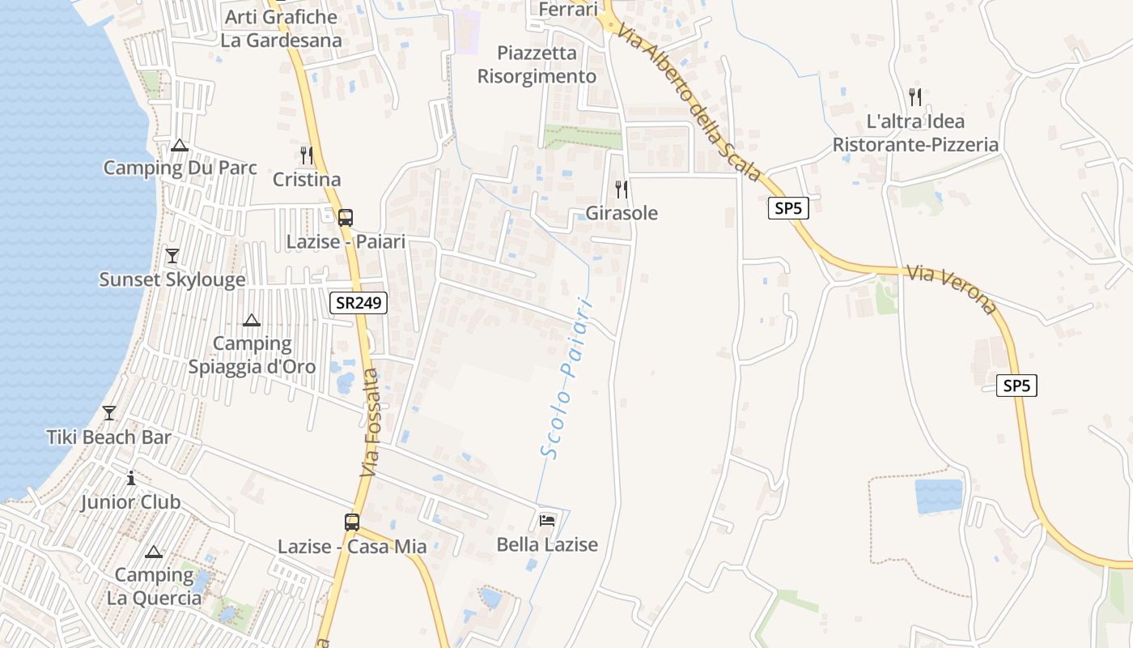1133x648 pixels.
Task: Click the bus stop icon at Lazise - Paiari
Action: (346, 217)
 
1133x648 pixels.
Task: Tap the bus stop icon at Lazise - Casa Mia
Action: (352, 522)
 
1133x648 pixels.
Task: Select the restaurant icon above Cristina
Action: (306, 155)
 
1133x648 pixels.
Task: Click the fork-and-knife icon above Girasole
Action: (621, 190)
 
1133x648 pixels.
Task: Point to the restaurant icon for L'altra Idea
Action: (915, 97)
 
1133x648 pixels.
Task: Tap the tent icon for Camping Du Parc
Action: (180, 145)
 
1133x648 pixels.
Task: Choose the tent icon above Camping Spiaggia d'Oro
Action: (252, 320)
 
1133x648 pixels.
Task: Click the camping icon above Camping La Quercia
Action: (153, 552)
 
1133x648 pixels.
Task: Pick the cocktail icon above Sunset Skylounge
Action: (172, 256)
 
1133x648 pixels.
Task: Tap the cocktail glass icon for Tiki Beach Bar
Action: (108, 413)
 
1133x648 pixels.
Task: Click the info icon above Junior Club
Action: (131, 478)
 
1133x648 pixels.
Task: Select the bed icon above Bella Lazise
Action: (547, 520)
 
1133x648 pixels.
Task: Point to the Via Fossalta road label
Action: (369, 423)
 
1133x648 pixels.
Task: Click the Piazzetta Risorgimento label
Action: (537, 65)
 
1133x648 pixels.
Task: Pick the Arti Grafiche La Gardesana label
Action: (281, 28)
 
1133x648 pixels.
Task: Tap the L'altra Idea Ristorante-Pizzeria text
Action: (915, 133)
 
